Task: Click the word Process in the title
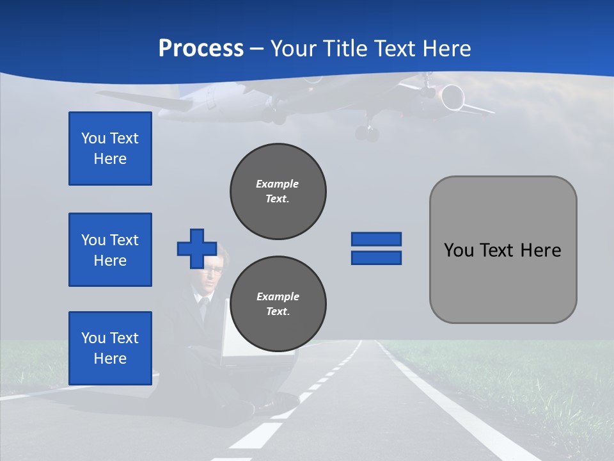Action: (x=201, y=49)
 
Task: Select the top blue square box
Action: (x=110, y=149)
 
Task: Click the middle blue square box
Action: (x=110, y=250)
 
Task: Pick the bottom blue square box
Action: (x=110, y=348)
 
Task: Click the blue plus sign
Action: (x=197, y=248)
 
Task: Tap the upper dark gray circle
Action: (x=278, y=191)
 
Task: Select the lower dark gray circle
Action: (x=278, y=304)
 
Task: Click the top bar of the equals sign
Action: (x=376, y=239)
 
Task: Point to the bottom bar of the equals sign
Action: (x=376, y=257)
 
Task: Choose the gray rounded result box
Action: (x=503, y=250)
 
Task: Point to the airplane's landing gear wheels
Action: (x=368, y=133)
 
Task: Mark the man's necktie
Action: (x=204, y=307)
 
